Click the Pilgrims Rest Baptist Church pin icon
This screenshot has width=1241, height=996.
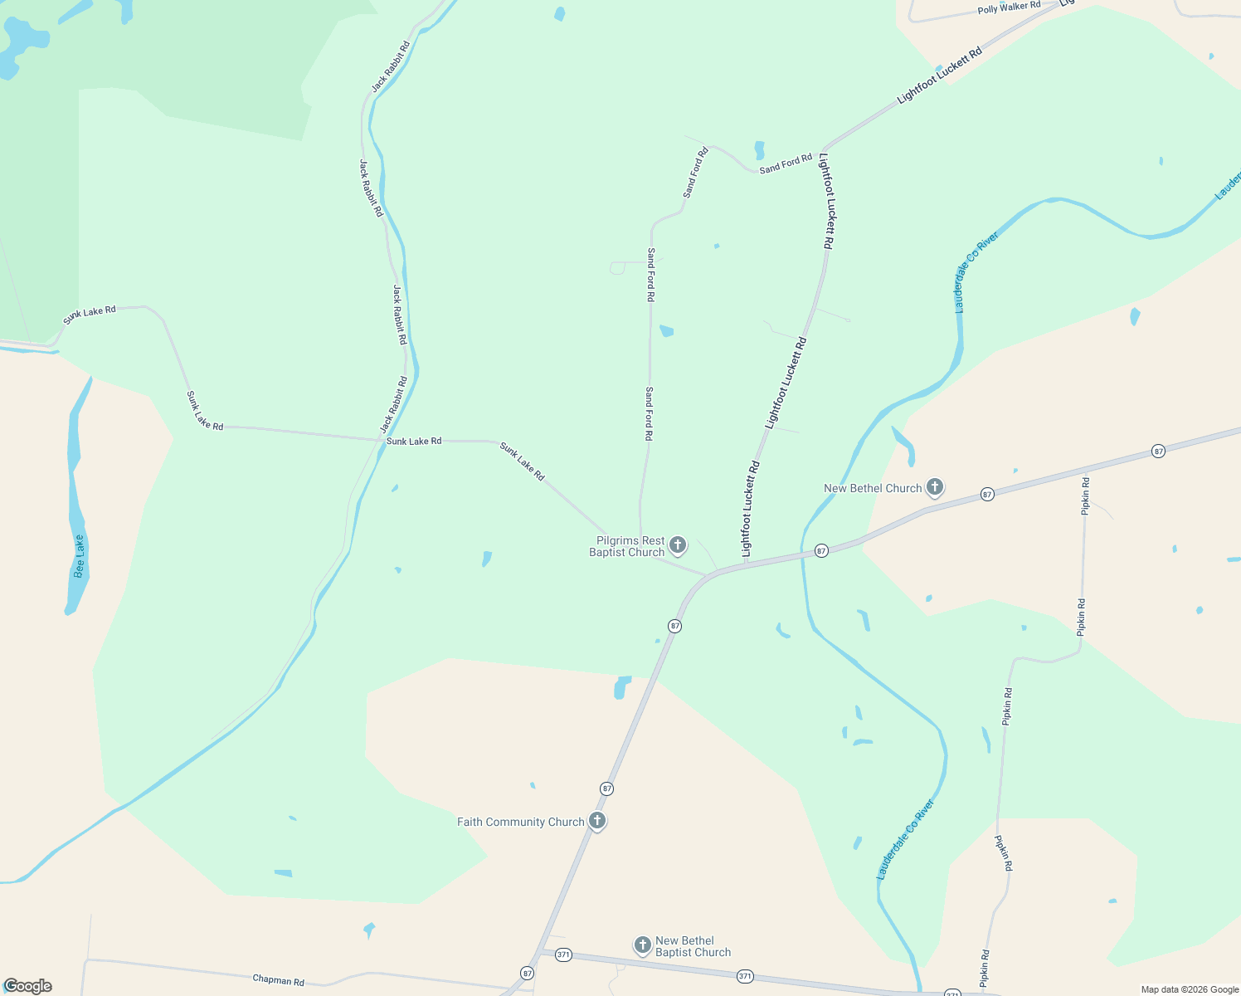(678, 545)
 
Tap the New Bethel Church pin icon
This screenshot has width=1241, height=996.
(935, 487)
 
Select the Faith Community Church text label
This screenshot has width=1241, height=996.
(520, 822)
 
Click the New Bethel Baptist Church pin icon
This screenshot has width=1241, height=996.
(642, 945)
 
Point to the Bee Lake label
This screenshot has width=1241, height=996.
(80, 556)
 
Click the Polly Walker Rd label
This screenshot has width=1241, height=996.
(1009, 7)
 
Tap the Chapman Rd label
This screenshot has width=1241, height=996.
(278, 980)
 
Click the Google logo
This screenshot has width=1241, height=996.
(27, 986)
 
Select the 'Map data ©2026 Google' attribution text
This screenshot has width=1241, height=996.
(1190, 989)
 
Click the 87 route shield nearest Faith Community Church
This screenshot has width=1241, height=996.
(607, 788)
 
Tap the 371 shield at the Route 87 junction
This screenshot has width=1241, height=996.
(563, 954)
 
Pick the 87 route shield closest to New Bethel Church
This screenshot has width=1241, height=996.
(986, 494)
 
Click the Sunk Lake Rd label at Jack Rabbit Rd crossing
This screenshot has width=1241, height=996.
(414, 441)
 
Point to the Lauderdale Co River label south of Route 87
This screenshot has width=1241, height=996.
(906, 839)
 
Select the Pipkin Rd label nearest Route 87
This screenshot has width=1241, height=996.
(1085, 496)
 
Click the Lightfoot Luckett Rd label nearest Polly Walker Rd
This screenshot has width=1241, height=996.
(939, 75)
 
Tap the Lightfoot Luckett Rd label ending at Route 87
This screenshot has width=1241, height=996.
(750, 509)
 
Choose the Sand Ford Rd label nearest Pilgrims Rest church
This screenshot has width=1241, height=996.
(650, 413)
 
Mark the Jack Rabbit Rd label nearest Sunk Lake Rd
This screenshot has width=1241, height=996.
(394, 404)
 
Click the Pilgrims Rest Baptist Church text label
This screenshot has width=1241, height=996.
(628, 546)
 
